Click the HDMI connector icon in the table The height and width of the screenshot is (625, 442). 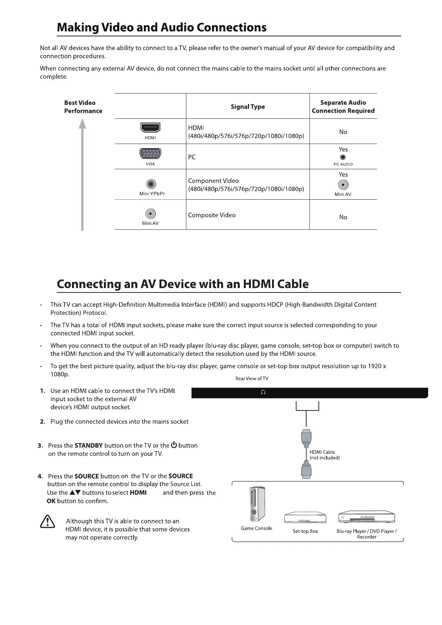pyautogui.click(x=150, y=128)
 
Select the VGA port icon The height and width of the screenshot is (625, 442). pyautogui.click(x=150, y=153)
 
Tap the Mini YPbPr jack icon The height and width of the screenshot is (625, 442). pyautogui.click(x=151, y=184)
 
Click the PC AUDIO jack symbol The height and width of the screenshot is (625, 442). pyautogui.click(x=343, y=157)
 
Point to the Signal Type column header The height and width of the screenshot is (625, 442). pyautogui.click(x=248, y=107)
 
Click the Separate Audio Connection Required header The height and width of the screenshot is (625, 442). pyautogui.click(x=343, y=107)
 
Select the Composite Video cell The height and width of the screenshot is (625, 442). pyautogui.click(x=212, y=215)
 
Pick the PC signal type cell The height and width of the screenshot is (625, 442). pyautogui.click(x=192, y=157)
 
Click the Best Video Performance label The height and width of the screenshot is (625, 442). pyautogui.click(x=83, y=107)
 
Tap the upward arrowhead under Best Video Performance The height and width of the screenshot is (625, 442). pyautogui.click(x=82, y=123)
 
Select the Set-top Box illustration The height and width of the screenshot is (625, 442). pyautogui.click(x=305, y=518)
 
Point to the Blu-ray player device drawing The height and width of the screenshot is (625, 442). pyautogui.click(x=366, y=517)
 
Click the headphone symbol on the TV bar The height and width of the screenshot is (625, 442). pyautogui.click(x=263, y=392)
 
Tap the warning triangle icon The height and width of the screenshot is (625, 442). pyautogui.click(x=47, y=522)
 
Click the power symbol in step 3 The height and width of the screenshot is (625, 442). pyautogui.click(x=174, y=445)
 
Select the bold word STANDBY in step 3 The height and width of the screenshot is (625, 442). pyautogui.click(x=88, y=446)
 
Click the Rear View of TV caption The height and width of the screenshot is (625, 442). pyautogui.click(x=252, y=379)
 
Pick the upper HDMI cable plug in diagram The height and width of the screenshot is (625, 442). pyautogui.click(x=306, y=438)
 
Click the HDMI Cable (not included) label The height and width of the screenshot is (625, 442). pyautogui.click(x=324, y=455)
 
